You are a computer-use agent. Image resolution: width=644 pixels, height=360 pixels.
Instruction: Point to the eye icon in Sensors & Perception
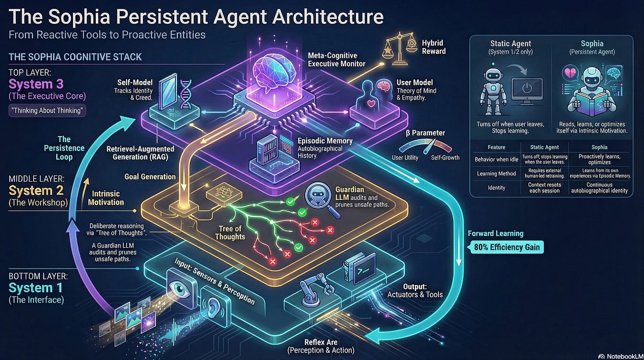180,287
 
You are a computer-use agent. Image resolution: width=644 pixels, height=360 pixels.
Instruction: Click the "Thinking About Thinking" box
47,110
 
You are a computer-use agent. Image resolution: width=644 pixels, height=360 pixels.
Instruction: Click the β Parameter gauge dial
426,146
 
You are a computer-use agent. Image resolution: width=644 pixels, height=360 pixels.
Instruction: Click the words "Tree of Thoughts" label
230,232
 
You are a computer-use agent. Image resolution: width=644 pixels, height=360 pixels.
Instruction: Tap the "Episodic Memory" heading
325,141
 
